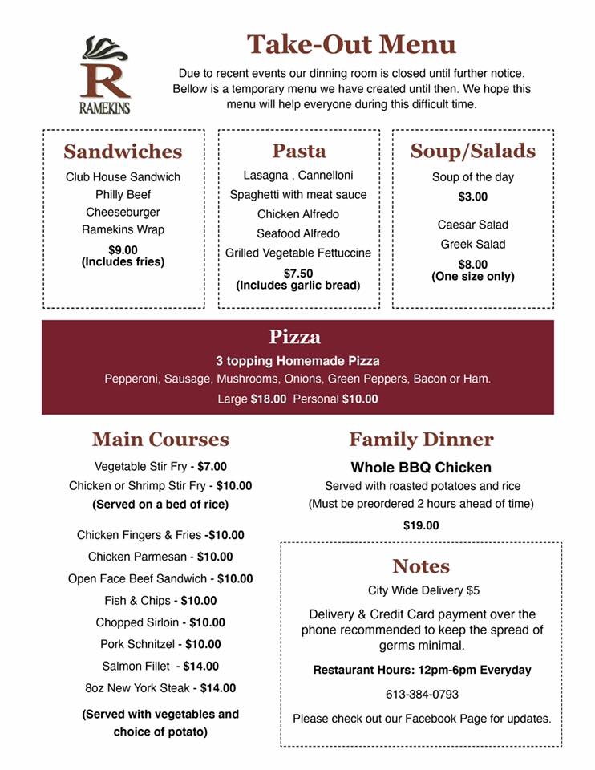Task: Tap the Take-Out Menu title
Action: click(350, 44)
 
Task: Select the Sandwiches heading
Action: click(123, 152)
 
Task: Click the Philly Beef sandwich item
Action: click(123, 194)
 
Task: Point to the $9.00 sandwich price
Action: click(123, 249)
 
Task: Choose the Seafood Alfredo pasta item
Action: click(298, 233)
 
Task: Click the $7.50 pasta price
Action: click(298, 273)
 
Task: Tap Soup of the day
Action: click(472, 176)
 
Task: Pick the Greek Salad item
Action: click(472, 244)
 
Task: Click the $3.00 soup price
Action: click(472, 197)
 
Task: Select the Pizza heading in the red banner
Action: click(294, 336)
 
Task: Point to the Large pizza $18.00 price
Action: click(269, 399)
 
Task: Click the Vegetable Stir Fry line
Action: click(160, 466)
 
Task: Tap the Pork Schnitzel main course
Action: click(160, 644)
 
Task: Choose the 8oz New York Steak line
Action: click(160, 687)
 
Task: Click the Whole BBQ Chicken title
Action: click(421, 467)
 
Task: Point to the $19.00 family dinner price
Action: click(421, 525)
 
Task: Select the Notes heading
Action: click(421, 566)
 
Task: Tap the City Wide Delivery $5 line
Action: click(423, 590)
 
